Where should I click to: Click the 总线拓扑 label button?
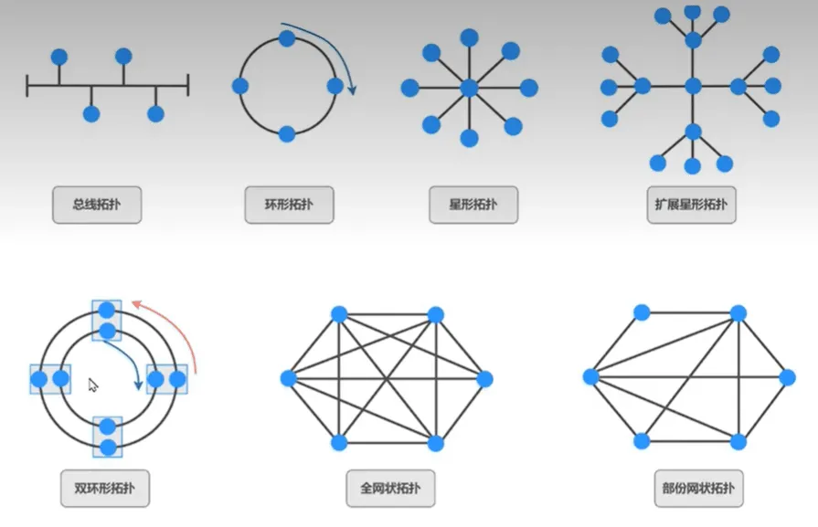pos(97,205)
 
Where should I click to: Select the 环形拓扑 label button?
pos(289,205)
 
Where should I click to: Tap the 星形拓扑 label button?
pos(473,205)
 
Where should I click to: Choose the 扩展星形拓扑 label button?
pos(691,205)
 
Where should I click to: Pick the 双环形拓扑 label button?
pos(105,489)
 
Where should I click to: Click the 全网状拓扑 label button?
pos(391,489)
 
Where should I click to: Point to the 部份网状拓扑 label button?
pos(698,489)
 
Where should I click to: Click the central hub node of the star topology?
pos(470,88)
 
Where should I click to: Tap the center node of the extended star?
pos(693,86)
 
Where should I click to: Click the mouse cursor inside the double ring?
pos(93,385)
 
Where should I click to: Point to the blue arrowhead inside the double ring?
pos(138,385)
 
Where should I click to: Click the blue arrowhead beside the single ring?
pos(353,90)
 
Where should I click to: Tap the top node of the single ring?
pos(287,38)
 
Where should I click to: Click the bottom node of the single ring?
pos(287,134)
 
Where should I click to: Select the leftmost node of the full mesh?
pos(289,378)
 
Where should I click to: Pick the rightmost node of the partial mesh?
pos(787,377)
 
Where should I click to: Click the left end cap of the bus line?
pos(27,86)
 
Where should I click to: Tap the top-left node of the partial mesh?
pos(642,312)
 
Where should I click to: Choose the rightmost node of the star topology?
pos(529,88)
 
